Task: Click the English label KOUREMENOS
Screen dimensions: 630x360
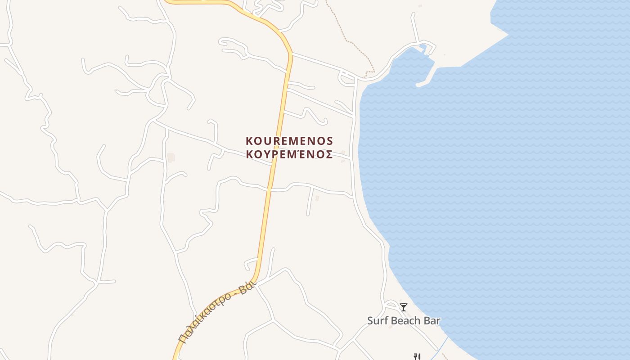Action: [289, 141]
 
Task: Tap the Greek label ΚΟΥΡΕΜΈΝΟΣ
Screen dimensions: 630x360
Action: [289, 155]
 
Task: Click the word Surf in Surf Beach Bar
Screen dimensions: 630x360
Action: [377, 321]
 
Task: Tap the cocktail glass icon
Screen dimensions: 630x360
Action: [403, 307]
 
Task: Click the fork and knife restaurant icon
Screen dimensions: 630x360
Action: [417, 357]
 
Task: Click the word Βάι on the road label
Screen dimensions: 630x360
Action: [247, 287]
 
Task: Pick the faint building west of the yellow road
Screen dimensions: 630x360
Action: [171, 157]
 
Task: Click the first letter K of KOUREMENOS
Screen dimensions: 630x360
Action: [249, 141]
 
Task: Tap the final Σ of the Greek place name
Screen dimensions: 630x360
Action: [329, 155]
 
